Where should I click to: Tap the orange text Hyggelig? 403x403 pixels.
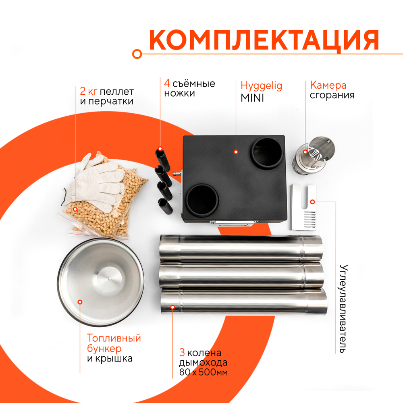[x=261, y=85]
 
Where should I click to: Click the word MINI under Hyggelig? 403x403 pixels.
[x=252, y=98]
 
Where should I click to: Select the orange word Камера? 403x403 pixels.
[x=328, y=85]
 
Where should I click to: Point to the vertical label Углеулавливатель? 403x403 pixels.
[x=343, y=308]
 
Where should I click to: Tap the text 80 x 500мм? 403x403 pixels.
[x=204, y=372]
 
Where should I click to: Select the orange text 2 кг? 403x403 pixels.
[x=89, y=91]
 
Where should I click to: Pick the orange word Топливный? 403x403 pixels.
[x=114, y=338]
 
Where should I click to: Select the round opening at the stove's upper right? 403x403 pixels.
[x=265, y=152]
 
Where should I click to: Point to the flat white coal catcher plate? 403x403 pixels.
[x=304, y=206]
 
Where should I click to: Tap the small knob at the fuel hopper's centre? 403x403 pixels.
[x=109, y=278]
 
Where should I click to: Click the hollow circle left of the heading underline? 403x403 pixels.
[x=137, y=53]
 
